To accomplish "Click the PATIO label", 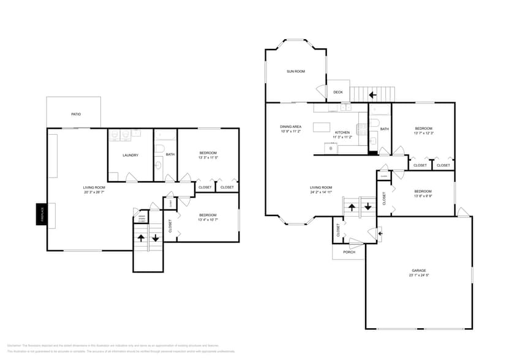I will point(76,114).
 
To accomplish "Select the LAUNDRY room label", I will point(130,155).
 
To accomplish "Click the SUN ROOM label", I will point(296,72).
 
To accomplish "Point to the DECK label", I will point(338,92).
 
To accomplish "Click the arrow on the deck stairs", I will point(372,95).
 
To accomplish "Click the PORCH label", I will point(349,252).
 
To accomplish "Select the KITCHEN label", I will point(342,132).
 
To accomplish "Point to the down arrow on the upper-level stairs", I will point(368,206).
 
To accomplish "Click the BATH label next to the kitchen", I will point(384,129).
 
